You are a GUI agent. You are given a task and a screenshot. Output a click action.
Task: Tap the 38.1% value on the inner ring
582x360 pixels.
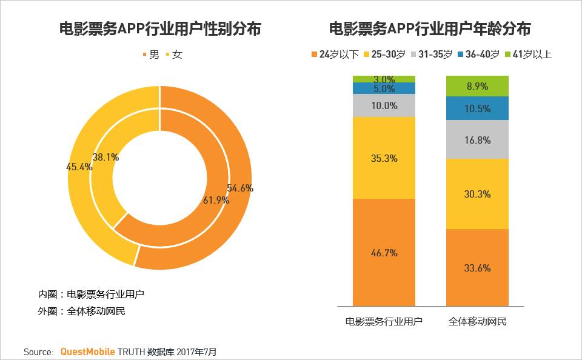click(x=106, y=157)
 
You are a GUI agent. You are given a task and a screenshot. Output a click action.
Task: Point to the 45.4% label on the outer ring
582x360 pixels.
click(x=79, y=167)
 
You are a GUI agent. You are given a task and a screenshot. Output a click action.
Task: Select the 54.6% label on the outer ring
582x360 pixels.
click(x=239, y=188)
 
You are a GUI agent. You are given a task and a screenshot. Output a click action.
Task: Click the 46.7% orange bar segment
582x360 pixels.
click(x=384, y=253)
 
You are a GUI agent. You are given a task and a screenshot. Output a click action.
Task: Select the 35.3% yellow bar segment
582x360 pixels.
click(x=384, y=158)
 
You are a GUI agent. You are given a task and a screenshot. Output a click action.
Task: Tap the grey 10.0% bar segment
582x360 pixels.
click(x=384, y=105)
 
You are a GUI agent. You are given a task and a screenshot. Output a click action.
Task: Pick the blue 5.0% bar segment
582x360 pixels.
click(x=384, y=88)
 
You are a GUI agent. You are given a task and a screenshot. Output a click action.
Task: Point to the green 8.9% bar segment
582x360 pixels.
click(x=477, y=86)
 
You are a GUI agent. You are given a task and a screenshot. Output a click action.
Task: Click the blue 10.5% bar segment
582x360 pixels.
click(x=477, y=108)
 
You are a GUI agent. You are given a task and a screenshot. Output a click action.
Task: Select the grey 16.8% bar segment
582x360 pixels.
click(x=477, y=140)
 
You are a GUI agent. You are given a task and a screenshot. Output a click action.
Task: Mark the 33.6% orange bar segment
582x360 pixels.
click(x=477, y=268)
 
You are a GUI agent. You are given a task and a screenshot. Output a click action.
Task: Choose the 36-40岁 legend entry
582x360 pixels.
click(x=478, y=55)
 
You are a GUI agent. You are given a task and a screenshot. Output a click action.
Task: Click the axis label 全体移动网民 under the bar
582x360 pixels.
click(x=477, y=322)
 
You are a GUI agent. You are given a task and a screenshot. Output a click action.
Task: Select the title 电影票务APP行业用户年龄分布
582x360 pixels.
click(x=430, y=28)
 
